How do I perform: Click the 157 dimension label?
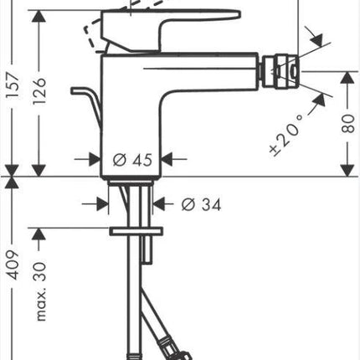13,85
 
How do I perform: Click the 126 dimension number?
39,91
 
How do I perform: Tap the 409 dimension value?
13,265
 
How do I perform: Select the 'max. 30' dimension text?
41,291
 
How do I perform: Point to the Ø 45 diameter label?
132,160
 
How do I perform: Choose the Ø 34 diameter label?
201,204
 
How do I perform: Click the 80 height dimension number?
347,123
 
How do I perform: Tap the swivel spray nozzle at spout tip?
280,72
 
